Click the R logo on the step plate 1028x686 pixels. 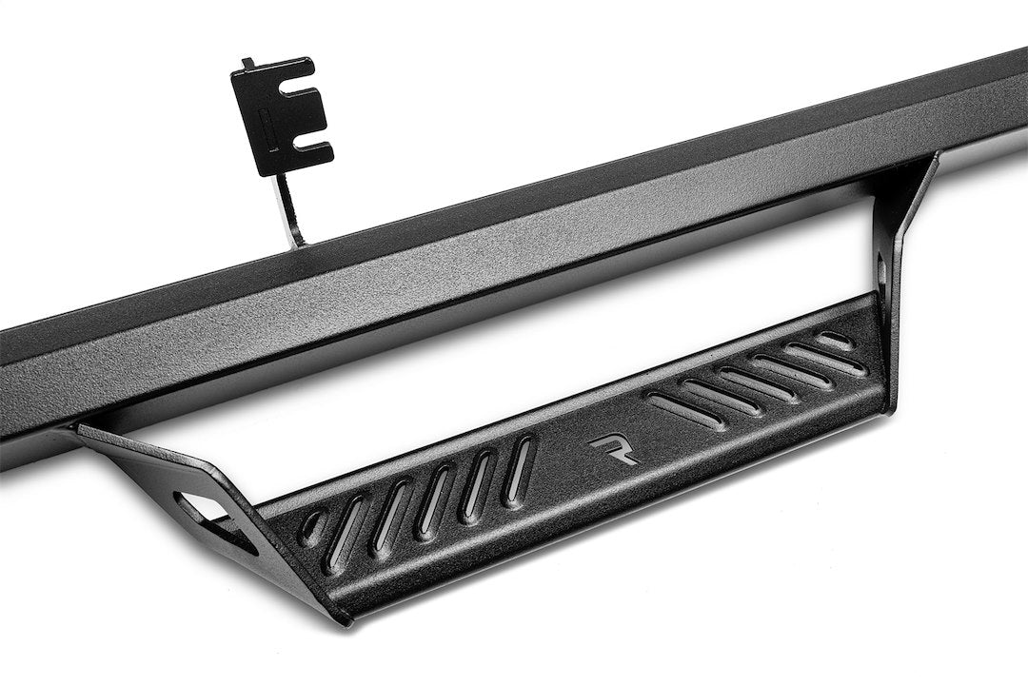click(613, 449)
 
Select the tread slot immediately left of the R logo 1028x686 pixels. click(520, 468)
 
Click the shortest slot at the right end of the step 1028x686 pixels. click(835, 340)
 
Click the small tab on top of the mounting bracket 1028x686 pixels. click(248, 64)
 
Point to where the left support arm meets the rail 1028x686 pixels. click(90, 430)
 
